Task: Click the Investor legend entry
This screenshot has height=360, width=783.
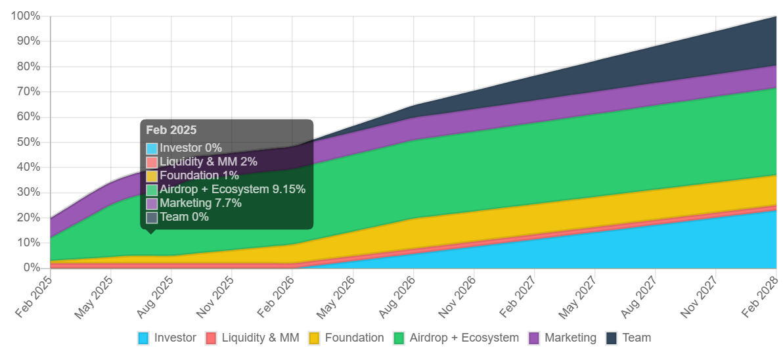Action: tap(167, 338)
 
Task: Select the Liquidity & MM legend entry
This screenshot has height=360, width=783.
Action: tap(252, 338)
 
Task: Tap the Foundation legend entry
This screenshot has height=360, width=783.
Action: tap(346, 338)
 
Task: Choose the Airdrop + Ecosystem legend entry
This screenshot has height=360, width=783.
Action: tap(455, 338)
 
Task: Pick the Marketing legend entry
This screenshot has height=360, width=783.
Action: tap(562, 338)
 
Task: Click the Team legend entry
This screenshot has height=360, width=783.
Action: tap(628, 338)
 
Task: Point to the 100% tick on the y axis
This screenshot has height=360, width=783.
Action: tap(26, 16)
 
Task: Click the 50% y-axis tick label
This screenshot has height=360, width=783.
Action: tap(28, 142)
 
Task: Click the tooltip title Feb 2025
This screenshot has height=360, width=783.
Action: tap(171, 130)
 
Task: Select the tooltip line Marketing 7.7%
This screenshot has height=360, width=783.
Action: tap(200, 203)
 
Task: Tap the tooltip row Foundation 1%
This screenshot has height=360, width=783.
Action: tap(199, 175)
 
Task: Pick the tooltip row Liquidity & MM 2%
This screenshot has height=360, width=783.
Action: tap(208, 162)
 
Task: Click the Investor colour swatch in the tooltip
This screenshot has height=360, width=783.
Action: tap(152, 148)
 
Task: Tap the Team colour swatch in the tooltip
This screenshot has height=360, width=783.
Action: tap(152, 217)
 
